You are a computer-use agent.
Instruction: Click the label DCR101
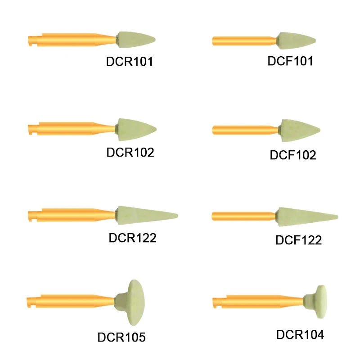(x=130, y=62)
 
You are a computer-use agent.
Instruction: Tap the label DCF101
(x=290, y=61)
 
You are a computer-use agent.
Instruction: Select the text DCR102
(x=130, y=152)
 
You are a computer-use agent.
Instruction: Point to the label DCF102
(x=293, y=155)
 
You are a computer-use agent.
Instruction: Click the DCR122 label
(x=133, y=238)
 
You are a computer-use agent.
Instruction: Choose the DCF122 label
(x=298, y=240)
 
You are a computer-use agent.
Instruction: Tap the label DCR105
(x=121, y=337)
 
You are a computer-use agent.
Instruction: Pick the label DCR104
(x=300, y=334)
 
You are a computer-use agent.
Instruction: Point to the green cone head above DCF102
(x=299, y=130)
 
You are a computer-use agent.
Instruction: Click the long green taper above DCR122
(x=144, y=214)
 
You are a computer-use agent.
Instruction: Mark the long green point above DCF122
(x=306, y=216)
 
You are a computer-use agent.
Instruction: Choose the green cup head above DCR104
(x=320, y=298)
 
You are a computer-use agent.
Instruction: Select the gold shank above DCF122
(x=243, y=216)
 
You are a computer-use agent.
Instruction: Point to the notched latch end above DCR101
(x=31, y=40)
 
